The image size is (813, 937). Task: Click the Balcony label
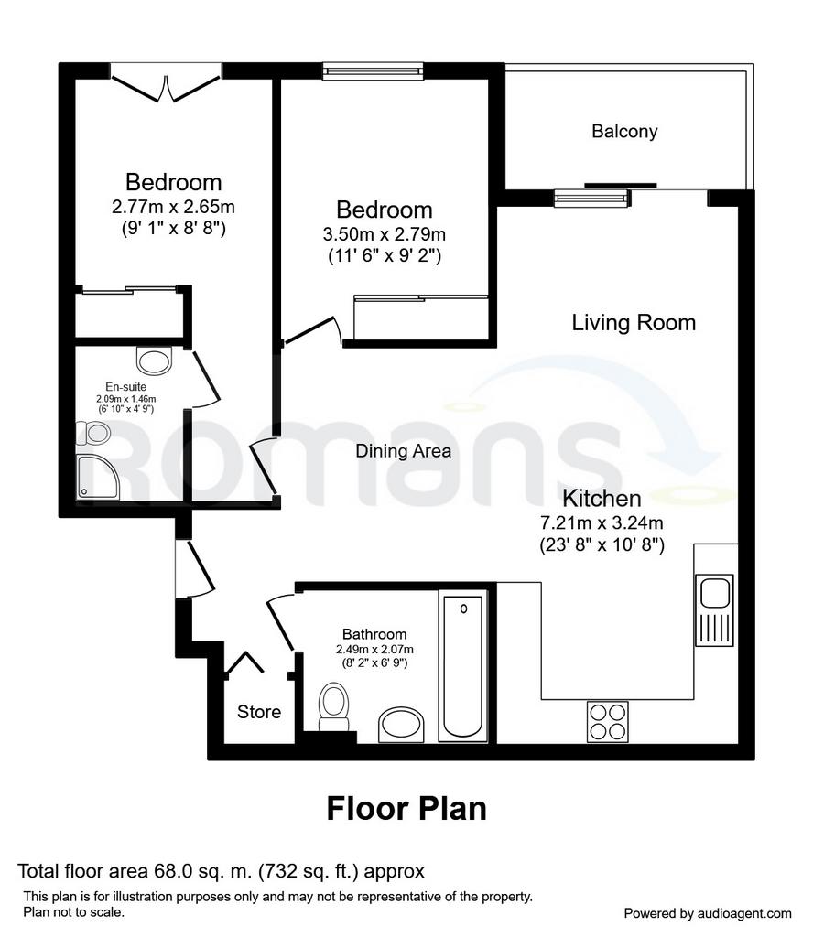624,132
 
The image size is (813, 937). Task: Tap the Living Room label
634,323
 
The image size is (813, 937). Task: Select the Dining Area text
403,450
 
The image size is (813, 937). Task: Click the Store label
259,712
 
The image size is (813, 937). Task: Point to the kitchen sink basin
714,593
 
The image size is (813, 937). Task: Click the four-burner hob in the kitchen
607,722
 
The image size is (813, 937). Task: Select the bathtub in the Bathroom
462,666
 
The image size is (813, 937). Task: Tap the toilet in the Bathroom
333,707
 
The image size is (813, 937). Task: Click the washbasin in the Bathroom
401,725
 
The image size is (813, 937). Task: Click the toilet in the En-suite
93,433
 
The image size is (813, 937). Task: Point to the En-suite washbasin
154,361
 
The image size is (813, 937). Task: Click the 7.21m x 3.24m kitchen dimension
602,522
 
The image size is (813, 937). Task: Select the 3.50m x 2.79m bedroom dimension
385,234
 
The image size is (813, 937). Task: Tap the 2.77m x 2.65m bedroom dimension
173,207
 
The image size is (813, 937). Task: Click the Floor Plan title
406,809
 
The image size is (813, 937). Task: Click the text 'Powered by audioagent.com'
708,913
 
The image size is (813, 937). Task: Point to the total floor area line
222,871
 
